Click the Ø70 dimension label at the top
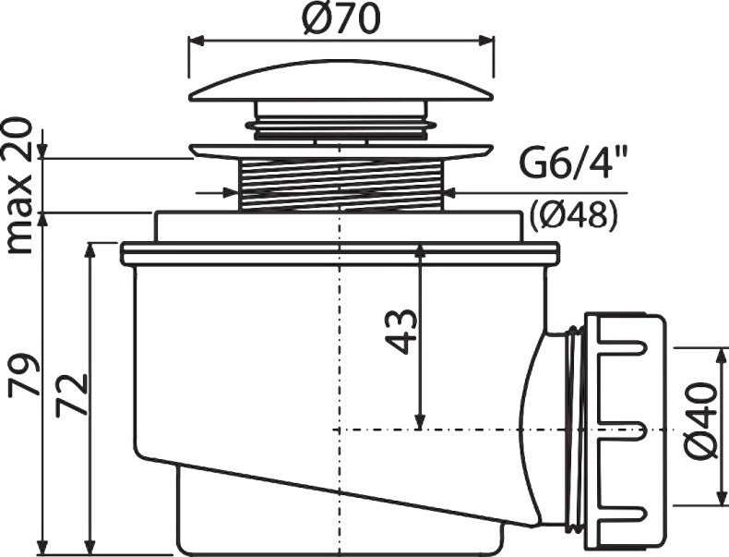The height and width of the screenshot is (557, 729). (341, 20)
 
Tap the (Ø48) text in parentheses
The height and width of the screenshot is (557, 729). (573, 214)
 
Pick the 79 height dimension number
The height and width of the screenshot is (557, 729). (26, 374)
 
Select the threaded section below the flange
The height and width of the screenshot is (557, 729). (341, 183)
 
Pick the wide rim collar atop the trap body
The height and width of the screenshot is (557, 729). (341, 252)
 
